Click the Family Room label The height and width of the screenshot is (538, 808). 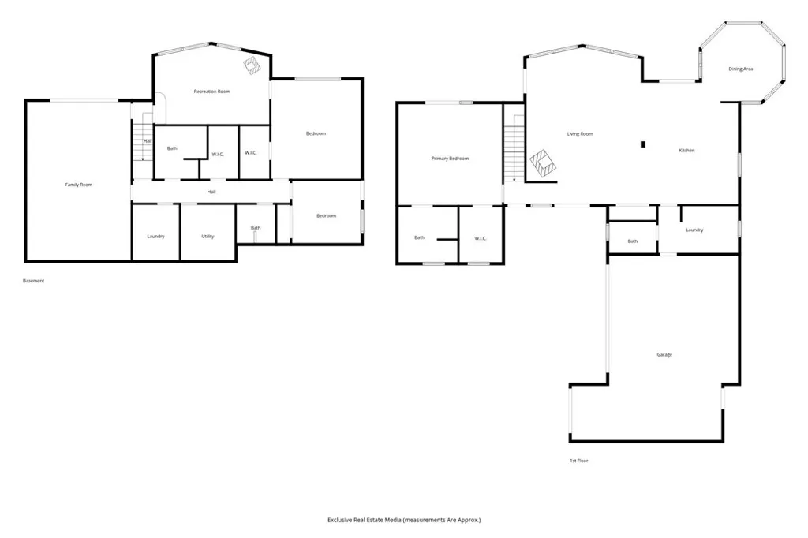point(79,185)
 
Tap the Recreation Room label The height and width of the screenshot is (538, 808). point(211,92)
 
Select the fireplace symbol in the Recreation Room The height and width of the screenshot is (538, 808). point(252,65)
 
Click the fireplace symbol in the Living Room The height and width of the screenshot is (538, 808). point(543,163)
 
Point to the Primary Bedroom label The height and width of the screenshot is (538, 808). point(450,159)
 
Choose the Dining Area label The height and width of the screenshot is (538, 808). point(739,69)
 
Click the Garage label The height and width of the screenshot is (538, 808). point(664,355)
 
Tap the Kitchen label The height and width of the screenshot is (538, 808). point(686,150)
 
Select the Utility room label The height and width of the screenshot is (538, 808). point(208,237)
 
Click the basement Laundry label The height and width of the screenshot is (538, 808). point(155,237)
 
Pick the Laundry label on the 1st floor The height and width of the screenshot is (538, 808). point(694,230)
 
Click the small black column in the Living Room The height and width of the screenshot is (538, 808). point(643,144)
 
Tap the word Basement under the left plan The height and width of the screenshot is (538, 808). point(34,281)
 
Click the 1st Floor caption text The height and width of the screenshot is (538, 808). point(578,461)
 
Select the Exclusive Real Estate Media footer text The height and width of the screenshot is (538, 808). point(404,520)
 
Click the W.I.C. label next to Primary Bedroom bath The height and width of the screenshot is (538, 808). point(480,238)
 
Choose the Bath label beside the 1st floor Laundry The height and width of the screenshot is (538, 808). point(632,241)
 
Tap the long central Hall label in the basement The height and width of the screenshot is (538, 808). point(211,192)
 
